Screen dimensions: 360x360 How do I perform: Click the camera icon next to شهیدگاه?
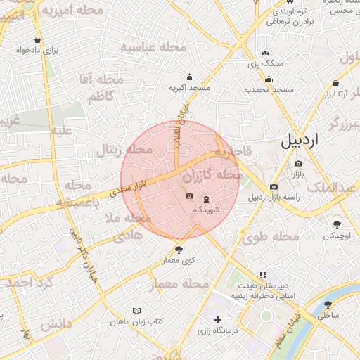click(x=188, y=196)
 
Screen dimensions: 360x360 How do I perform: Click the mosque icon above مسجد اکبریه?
click(x=189, y=77)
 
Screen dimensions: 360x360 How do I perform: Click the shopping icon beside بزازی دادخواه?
click(x=37, y=40)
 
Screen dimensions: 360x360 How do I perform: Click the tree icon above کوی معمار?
click(x=177, y=249)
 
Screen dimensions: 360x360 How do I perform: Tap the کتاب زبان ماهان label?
click(x=136, y=321)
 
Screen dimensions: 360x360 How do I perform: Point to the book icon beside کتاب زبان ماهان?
click(x=136, y=310)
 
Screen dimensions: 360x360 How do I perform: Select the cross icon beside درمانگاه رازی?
click(x=217, y=320)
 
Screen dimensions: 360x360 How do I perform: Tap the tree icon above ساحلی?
click(x=328, y=304)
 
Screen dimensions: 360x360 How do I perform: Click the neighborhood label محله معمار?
click(x=179, y=284)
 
